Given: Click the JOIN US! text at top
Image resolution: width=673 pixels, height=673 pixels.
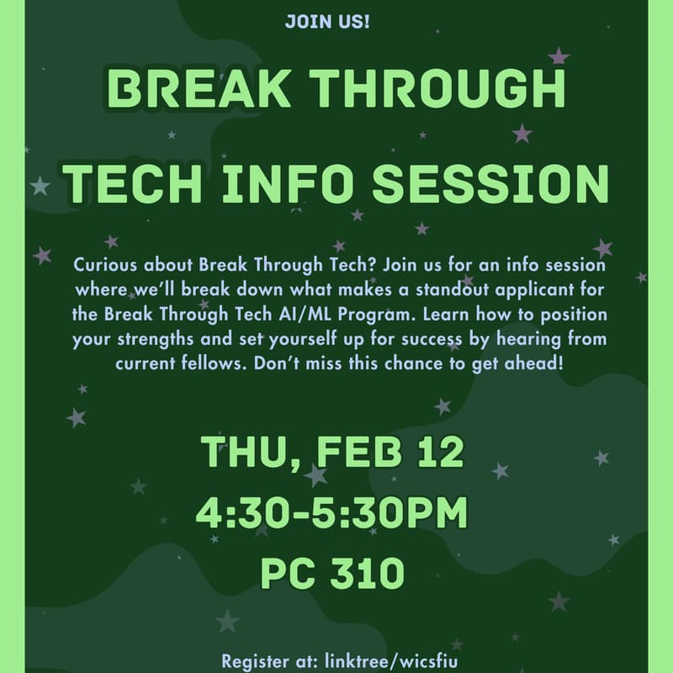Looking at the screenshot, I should click(327, 21).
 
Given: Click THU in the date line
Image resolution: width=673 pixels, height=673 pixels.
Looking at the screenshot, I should click(244, 452).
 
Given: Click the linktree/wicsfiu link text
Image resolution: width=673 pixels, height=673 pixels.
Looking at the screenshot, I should click(396, 660).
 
